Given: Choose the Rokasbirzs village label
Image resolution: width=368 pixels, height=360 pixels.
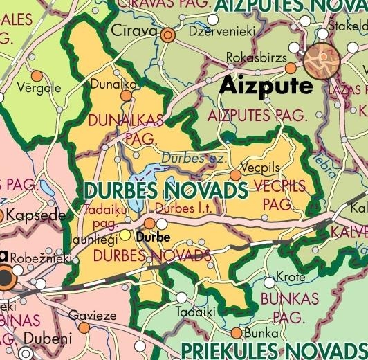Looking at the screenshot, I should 257,58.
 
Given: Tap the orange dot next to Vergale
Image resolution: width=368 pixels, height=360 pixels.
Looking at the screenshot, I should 37,75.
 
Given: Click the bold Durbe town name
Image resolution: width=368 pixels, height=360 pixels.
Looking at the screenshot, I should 153,237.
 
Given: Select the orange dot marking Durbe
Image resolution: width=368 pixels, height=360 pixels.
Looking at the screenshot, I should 149,223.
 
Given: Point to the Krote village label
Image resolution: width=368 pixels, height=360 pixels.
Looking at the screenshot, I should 290,277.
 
